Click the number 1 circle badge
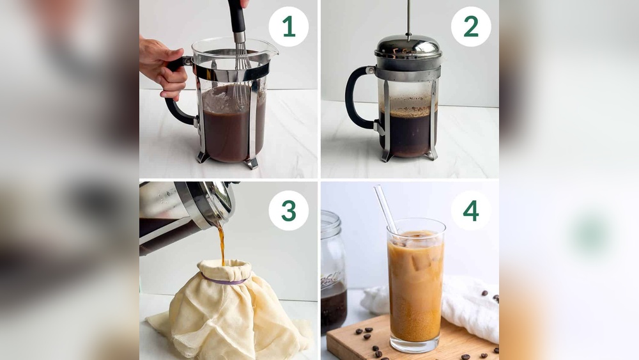pos(288,27)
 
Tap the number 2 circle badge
pos(471,27)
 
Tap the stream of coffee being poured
pos(221,243)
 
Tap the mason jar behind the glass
pos(333,275)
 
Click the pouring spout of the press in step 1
pos(268,48)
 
